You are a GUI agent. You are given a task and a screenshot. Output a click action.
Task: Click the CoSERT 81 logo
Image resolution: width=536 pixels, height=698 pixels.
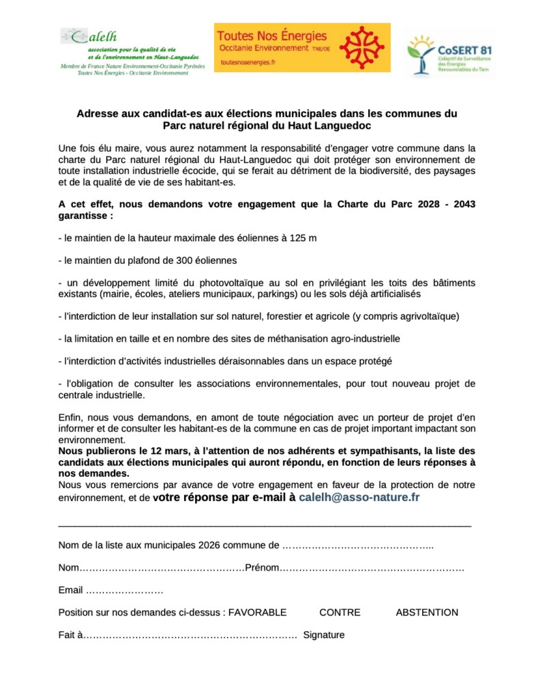click(449, 54)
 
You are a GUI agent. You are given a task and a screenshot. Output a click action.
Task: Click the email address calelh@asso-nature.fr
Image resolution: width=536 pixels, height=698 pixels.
click(359, 498)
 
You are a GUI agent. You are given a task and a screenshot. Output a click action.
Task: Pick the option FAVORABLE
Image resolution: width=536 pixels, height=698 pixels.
click(257, 612)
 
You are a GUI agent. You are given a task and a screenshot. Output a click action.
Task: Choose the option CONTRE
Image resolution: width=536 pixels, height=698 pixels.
click(340, 612)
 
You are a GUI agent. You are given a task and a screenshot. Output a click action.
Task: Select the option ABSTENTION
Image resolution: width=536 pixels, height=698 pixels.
click(427, 612)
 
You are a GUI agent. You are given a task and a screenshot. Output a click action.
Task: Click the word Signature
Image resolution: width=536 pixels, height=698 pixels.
click(324, 635)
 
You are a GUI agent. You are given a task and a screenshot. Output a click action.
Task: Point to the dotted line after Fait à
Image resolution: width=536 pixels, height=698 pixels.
click(190, 635)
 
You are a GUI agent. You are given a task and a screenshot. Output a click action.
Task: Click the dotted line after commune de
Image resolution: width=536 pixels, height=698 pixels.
click(358, 545)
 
